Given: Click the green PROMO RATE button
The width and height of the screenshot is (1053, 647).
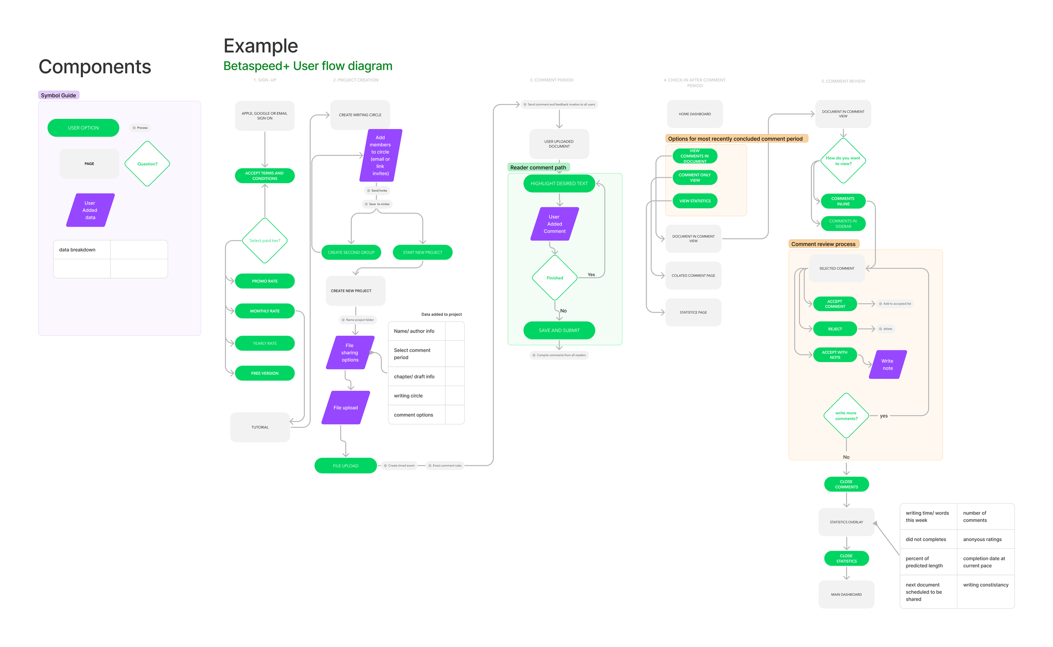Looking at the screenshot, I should coord(265,281).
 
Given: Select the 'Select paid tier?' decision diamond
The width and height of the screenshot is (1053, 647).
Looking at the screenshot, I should coord(265,241).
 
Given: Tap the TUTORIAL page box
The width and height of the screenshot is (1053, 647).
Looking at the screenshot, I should coord(260,427).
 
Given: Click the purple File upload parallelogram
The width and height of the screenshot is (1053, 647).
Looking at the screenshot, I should coord(345,408).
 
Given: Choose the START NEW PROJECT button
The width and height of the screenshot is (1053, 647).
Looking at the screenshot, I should coord(422,252).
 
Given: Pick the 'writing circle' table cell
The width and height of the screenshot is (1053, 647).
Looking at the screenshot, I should coord(417,396).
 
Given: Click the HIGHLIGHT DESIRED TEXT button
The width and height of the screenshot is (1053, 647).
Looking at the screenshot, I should coord(559,184).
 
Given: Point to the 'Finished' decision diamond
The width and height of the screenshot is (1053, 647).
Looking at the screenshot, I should coord(554,278).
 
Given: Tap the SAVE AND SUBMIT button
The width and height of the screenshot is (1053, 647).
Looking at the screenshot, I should coord(559,330).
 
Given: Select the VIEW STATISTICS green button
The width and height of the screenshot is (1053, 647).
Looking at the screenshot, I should coord(695,201).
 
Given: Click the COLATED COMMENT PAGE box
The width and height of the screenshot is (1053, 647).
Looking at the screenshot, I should coord(693,276).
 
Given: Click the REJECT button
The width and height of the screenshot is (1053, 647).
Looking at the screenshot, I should coord(834,329).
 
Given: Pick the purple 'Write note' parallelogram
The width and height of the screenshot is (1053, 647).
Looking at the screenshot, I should coord(887,365).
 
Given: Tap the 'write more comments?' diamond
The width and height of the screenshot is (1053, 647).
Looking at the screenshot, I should coord(846,416).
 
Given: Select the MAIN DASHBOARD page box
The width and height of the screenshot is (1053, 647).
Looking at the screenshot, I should coord(846,594).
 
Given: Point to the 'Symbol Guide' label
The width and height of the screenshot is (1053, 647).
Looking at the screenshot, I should coord(59,95).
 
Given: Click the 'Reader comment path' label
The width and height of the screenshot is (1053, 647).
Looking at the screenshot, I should coord(538,167).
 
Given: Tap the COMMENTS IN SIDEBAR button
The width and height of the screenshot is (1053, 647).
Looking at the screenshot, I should coord(843,224).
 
